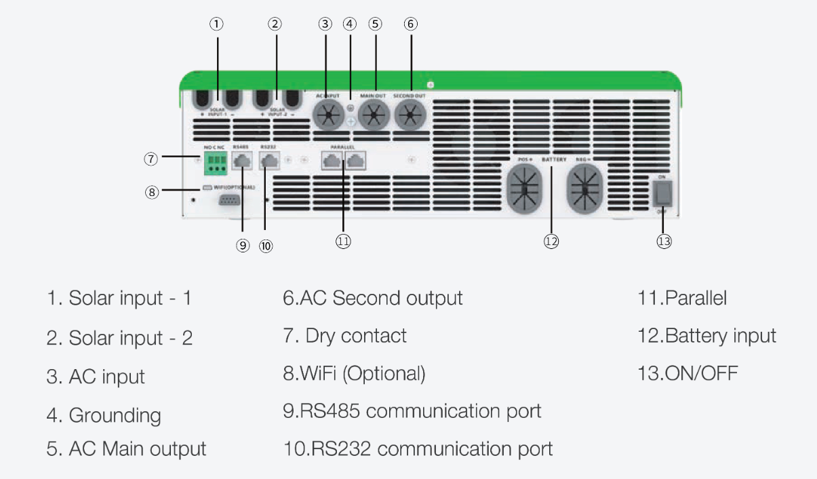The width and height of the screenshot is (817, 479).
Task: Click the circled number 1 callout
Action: click(x=216, y=24)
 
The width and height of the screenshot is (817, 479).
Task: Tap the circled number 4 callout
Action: click(x=350, y=24)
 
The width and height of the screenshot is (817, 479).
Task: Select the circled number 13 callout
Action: click(x=664, y=241)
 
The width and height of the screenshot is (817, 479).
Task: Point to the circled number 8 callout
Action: click(x=152, y=192)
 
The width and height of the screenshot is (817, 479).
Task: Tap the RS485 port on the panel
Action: click(x=243, y=161)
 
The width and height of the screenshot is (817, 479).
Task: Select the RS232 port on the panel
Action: click(x=270, y=161)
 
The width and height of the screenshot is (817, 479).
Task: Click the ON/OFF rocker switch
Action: click(x=662, y=193)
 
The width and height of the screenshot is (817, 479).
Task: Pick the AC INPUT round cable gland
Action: click(x=328, y=116)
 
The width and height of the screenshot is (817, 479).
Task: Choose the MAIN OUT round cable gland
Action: click(x=372, y=116)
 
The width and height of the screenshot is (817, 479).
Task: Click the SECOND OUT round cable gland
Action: click(x=410, y=116)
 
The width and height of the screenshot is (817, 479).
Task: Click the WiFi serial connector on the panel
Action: click(x=228, y=200)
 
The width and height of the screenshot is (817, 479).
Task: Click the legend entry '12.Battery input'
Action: click(x=706, y=336)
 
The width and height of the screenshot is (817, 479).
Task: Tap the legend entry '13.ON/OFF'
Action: click(x=688, y=373)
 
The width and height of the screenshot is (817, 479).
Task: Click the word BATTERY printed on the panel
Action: click(x=554, y=159)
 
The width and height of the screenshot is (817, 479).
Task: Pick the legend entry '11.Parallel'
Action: click(x=681, y=299)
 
